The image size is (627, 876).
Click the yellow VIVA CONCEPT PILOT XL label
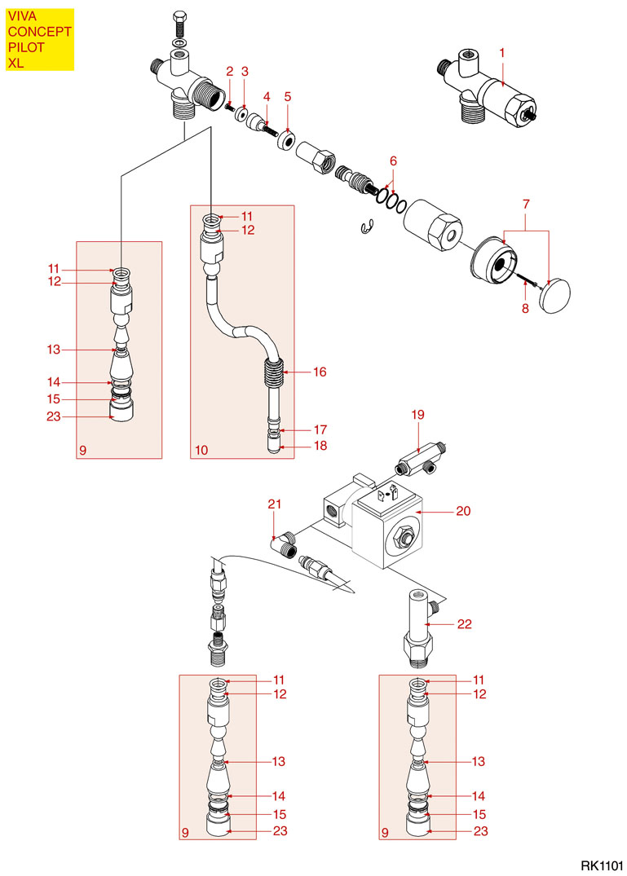(x=40, y=39)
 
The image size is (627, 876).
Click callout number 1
(x=502, y=52)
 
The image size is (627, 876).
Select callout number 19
(x=418, y=415)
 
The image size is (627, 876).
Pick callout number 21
(x=274, y=505)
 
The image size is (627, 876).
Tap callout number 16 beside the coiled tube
(x=320, y=372)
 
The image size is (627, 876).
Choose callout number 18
(x=320, y=447)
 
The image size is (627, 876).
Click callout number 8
(x=525, y=308)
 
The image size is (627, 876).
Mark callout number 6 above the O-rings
(x=393, y=160)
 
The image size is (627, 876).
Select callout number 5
(x=288, y=96)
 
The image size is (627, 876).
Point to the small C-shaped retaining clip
(x=366, y=227)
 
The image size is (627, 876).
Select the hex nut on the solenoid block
(x=402, y=538)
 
